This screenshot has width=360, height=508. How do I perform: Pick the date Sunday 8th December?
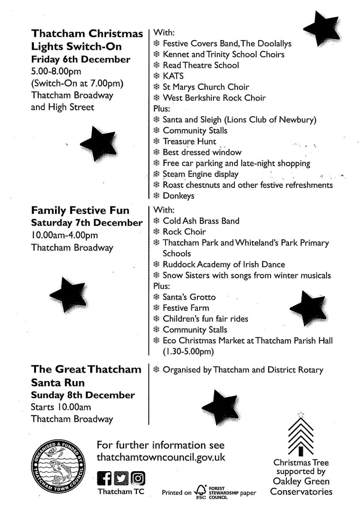tap(83, 395)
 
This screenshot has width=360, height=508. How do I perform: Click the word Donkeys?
tap(178, 196)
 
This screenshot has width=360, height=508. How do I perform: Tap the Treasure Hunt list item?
tap(189, 141)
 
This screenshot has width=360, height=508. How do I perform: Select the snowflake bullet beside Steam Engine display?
tap(156, 174)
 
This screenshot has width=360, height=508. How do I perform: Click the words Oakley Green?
tap(301, 482)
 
